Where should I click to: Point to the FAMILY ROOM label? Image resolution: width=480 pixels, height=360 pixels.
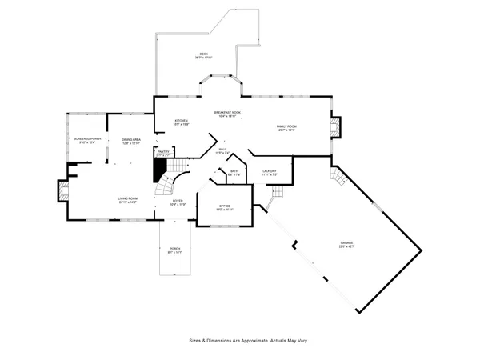pyautogui.click(x=286, y=127)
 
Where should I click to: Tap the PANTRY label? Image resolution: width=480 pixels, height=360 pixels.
pyautogui.click(x=163, y=152)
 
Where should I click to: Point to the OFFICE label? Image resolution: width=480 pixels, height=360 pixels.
pyautogui.click(x=225, y=207)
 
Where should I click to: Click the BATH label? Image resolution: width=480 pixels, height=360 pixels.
pyautogui.click(x=234, y=172)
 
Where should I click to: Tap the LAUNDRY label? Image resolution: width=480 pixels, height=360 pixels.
pyautogui.click(x=270, y=172)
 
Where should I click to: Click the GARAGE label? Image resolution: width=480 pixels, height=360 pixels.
pyautogui.click(x=346, y=244)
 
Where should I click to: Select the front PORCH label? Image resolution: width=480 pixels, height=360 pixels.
pyautogui.click(x=174, y=250)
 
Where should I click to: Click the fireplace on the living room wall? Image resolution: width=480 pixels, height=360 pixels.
pyautogui.click(x=62, y=190)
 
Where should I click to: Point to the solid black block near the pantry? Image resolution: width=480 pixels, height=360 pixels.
pyautogui.click(x=160, y=167)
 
